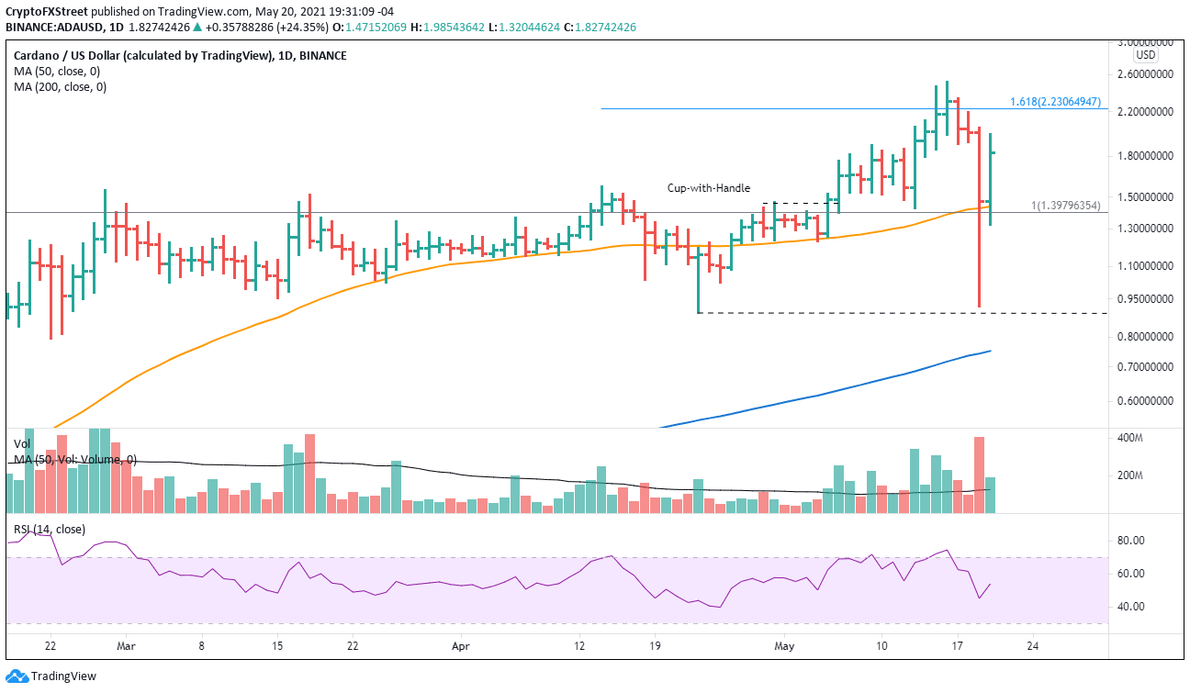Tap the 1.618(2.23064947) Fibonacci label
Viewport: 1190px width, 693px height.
pyautogui.click(x=1054, y=102)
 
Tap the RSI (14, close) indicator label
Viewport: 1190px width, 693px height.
pyautogui.click(x=49, y=529)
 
